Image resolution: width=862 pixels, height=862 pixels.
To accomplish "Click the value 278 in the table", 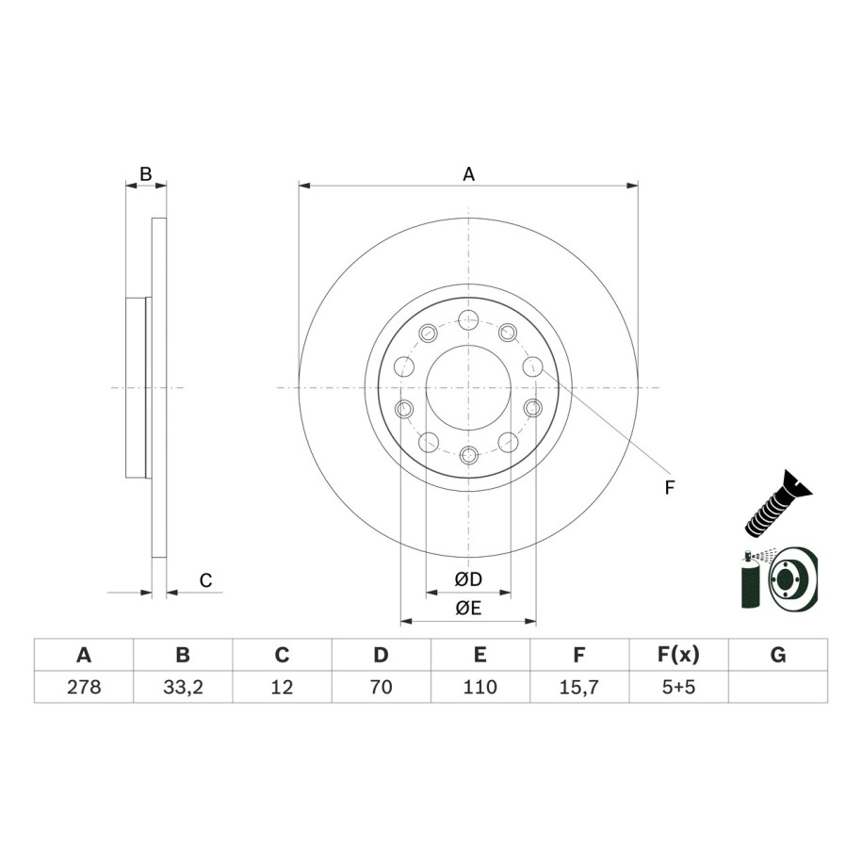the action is (x=84, y=687).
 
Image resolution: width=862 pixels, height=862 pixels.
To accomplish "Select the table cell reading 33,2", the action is (x=183, y=687).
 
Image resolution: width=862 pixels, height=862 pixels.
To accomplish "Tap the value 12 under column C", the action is (x=282, y=687).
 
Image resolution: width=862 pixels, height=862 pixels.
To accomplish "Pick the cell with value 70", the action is (x=381, y=687).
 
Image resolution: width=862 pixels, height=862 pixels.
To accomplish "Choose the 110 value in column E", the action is (x=480, y=687).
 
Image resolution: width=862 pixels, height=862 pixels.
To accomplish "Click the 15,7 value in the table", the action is (x=578, y=687).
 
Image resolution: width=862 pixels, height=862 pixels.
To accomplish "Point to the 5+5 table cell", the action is (x=678, y=687).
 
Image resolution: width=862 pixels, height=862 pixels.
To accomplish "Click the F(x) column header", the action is (x=678, y=655).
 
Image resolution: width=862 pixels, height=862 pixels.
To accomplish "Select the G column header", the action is (x=778, y=655).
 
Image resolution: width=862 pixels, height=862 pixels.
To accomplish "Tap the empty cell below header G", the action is (x=778, y=687).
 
